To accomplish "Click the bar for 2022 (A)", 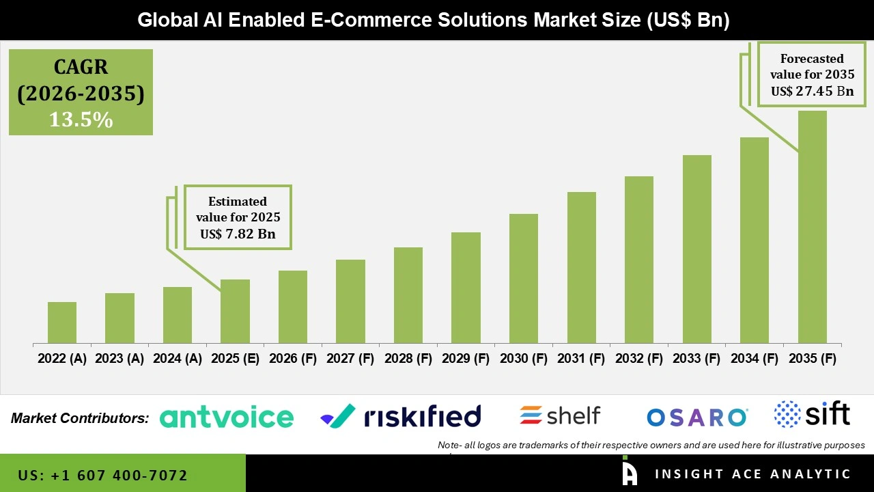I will (61, 323).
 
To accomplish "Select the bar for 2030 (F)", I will (524, 278).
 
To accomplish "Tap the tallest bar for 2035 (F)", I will (812, 227).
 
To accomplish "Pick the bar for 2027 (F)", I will (350, 301).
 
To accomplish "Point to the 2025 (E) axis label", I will (235, 359).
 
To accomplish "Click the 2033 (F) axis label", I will (696, 359).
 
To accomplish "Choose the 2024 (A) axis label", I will (177, 359).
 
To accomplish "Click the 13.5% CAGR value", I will (81, 120).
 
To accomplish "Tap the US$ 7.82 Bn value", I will (238, 234).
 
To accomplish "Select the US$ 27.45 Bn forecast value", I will (812, 91).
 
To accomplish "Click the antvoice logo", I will (227, 417).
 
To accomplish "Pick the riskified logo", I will (401, 415).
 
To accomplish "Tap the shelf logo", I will (560, 415).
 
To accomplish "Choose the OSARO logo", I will (697, 417).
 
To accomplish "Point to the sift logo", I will (812, 414).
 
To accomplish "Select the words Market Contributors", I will (80, 418).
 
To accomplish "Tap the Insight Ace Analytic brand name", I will (752, 474).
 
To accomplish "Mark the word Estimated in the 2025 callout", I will (238, 202).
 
